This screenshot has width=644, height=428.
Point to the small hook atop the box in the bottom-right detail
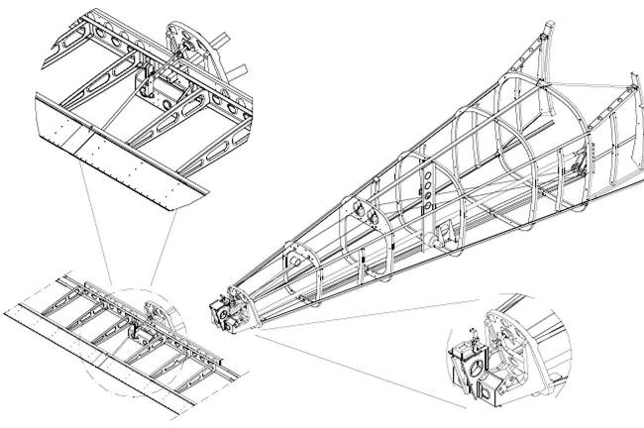point(473,336)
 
